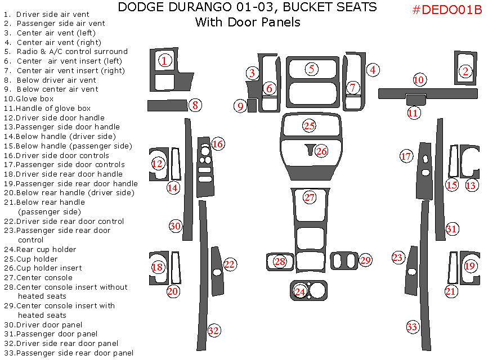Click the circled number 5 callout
311,69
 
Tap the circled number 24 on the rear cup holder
300,291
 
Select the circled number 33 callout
413,327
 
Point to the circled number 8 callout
195,105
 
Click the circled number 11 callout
414,113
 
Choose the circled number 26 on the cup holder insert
321,151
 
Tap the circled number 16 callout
218,144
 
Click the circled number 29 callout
366,260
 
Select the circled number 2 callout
465,71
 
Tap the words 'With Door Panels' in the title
247,22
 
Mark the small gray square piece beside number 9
252,106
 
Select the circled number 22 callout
230,264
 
